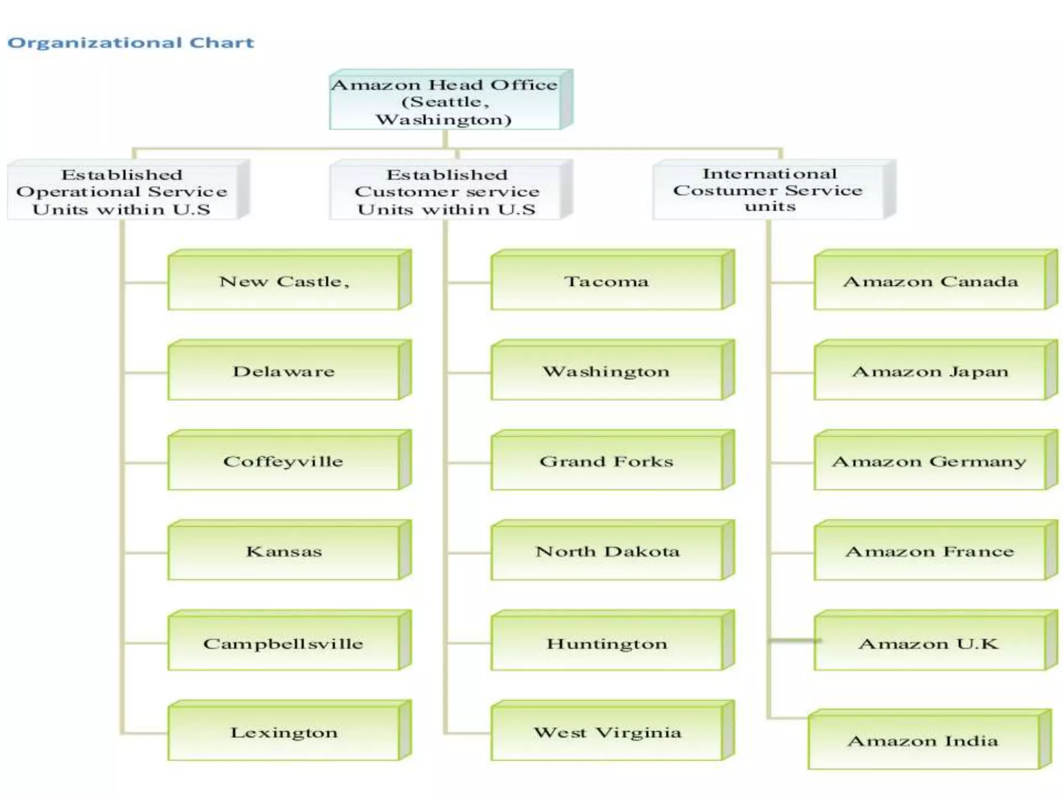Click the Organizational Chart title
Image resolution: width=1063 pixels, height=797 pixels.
[131, 43]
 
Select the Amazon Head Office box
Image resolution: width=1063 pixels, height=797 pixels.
[445, 102]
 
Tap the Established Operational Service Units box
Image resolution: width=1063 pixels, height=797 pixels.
[122, 192]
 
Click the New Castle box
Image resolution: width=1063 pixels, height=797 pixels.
[284, 282]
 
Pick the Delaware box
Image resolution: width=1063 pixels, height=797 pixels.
[284, 372]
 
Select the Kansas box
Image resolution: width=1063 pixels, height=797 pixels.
[284, 552]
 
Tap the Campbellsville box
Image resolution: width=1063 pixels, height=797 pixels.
[284, 643]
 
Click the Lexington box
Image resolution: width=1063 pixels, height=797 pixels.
[284, 733]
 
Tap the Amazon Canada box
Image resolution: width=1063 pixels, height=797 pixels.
[930, 282]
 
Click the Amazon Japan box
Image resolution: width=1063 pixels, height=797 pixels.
[930, 372]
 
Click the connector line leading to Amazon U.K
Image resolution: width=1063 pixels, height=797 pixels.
[793, 641]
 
